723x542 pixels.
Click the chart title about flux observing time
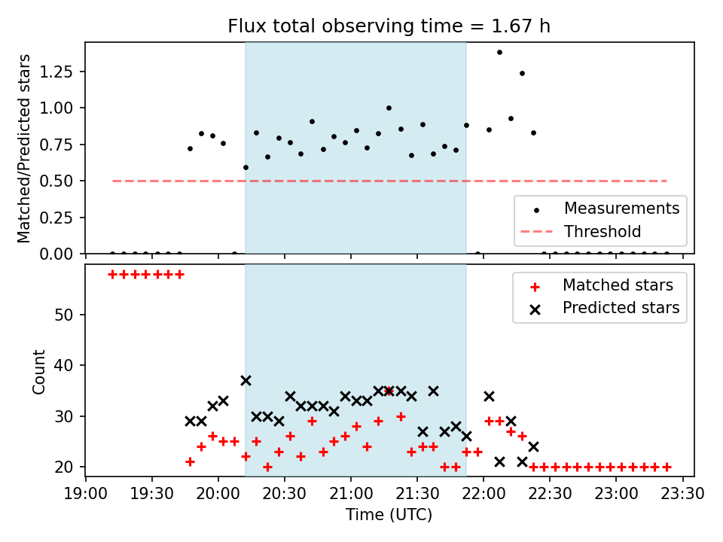click(x=389, y=26)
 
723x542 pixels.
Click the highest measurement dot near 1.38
click(x=499, y=53)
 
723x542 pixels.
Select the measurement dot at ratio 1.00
click(x=389, y=108)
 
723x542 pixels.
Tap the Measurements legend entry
click(x=599, y=209)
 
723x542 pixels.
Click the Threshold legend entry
click(x=581, y=231)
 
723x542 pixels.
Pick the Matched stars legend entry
click(x=599, y=286)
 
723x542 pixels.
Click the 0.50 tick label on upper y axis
click(x=56, y=181)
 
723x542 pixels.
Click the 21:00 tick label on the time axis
click(x=351, y=494)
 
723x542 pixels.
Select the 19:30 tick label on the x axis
click(x=151, y=494)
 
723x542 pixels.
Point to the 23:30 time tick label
click(x=682, y=494)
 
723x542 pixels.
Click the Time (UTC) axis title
click(x=389, y=515)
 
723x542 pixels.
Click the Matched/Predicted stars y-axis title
click(x=23, y=148)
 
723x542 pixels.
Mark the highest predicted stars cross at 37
click(x=246, y=381)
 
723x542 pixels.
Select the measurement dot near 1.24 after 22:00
click(x=522, y=73)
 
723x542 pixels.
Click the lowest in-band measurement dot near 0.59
click(x=246, y=168)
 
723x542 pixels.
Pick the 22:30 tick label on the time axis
click(x=550, y=494)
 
